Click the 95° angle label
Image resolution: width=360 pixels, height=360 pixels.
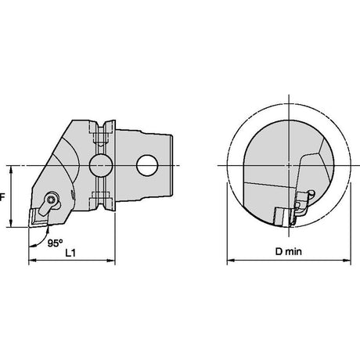tap(55, 243)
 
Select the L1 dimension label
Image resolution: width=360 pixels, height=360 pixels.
tap(70, 253)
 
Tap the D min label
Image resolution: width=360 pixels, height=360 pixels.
tap(289, 252)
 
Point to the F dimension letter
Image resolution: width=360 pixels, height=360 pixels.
tap(2, 197)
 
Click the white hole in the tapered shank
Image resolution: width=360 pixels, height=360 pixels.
tap(147, 165)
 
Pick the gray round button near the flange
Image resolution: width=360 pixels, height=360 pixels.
tap(101, 165)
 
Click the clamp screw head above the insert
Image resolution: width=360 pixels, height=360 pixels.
tap(51, 200)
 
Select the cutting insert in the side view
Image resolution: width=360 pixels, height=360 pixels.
tap(38, 218)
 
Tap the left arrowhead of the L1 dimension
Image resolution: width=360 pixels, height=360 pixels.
tap(32, 261)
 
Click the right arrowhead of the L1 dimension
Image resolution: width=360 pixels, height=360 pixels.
tap(111, 261)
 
